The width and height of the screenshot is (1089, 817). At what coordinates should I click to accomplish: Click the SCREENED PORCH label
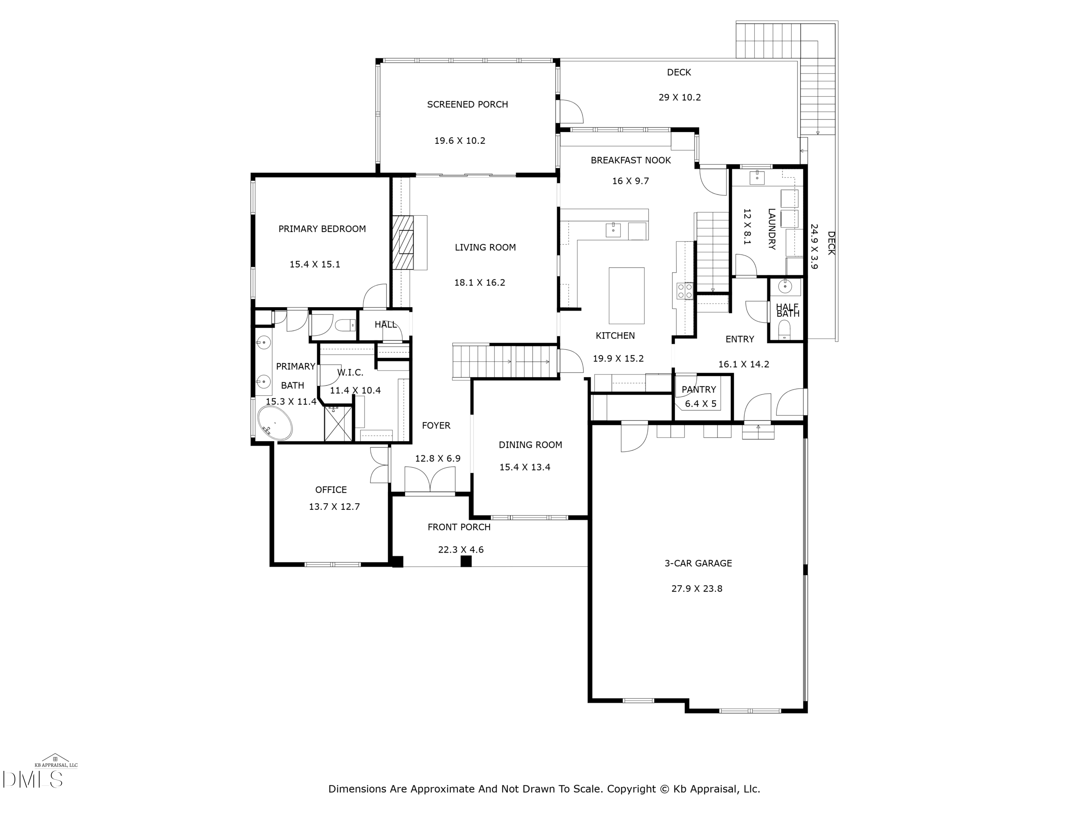click(467, 105)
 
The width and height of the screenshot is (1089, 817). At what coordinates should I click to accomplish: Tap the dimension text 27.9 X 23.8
click(697, 589)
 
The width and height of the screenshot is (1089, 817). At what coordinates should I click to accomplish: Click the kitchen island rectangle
click(626, 296)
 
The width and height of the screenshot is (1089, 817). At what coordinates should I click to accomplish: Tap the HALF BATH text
click(787, 310)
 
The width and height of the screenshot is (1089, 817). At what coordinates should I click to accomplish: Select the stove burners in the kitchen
click(685, 290)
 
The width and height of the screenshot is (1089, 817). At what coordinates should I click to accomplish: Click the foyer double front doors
click(430, 479)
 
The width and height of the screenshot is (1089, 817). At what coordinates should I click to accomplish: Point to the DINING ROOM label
click(530, 445)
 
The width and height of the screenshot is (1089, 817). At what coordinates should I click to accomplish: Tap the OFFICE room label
click(331, 489)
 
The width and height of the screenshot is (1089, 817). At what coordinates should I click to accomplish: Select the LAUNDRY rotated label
click(771, 229)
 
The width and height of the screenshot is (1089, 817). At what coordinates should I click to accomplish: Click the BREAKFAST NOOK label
click(631, 160)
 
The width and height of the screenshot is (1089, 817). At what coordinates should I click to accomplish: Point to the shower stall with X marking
click(338, 423)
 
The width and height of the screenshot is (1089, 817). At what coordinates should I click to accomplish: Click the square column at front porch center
click(466, 561)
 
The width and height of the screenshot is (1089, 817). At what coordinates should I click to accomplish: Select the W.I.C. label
click(350, 372)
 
